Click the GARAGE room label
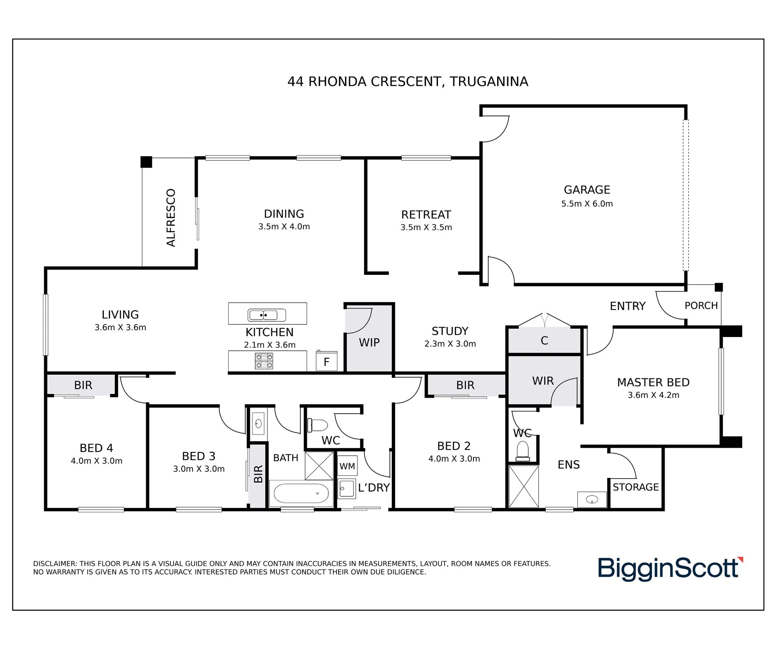point(587,190)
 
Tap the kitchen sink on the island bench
point(267,315)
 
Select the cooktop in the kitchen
point(264,361)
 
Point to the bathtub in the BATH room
point(301,493)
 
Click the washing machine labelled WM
point(347,466)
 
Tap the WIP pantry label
point(369,342)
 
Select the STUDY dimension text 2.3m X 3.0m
point(450,344)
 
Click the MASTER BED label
point(653,383)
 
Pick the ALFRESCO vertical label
point(171,218)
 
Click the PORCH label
point(701,306)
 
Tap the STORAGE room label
point(636,487)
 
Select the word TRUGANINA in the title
point(489,82)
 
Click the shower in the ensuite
point(524,487)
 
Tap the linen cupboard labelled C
point(544,340)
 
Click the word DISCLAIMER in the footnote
point(55,564)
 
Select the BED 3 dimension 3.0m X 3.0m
point(199,469)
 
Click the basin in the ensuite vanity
point(592,500)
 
